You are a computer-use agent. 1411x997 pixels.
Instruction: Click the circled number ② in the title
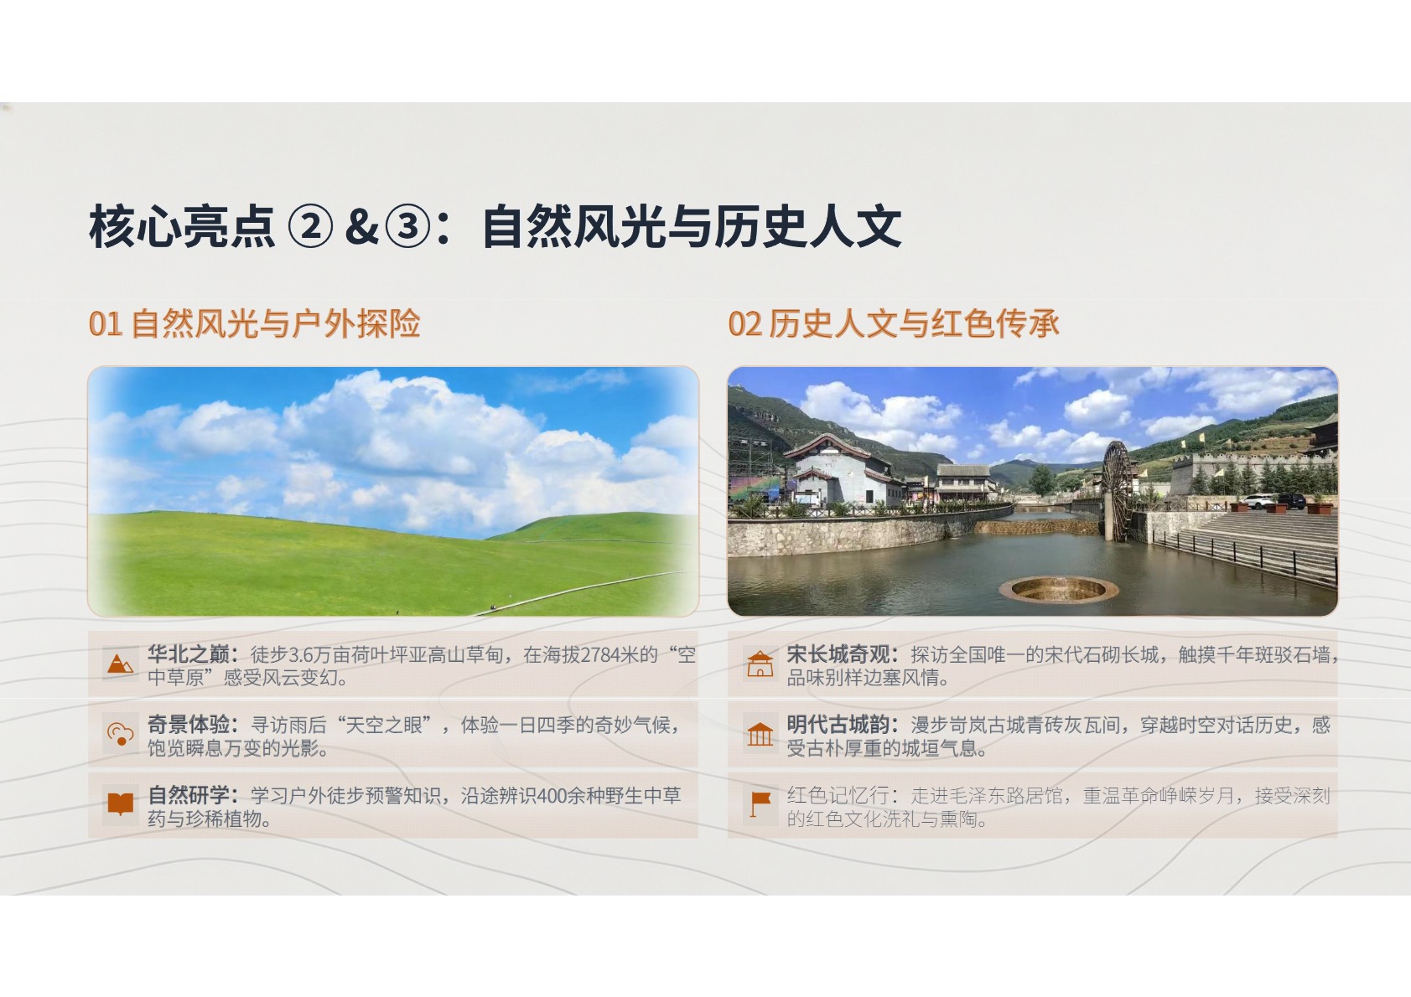(310, 226)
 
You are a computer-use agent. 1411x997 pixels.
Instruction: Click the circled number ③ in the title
(407, 226)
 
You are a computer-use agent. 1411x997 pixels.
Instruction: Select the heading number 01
(105, 324)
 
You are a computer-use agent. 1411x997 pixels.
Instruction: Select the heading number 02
(744, 324)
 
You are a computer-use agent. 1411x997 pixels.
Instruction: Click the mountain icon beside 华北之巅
(120, 664)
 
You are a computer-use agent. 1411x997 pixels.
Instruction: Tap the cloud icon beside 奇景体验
(121, 734)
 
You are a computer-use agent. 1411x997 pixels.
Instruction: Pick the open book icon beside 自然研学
(121, 803)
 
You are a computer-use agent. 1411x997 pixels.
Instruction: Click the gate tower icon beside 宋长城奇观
(760, 664)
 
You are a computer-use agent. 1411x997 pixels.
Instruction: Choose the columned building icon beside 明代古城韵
(760, 734)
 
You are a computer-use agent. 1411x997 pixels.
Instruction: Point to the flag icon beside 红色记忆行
(760, 803)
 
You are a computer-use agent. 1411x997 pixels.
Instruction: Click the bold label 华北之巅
(189, 654)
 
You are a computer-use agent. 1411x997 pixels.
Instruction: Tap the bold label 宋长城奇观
(838, 654)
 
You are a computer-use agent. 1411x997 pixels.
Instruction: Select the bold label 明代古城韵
(838, 725)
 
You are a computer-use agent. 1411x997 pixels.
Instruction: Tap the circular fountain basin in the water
(1058, 590)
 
